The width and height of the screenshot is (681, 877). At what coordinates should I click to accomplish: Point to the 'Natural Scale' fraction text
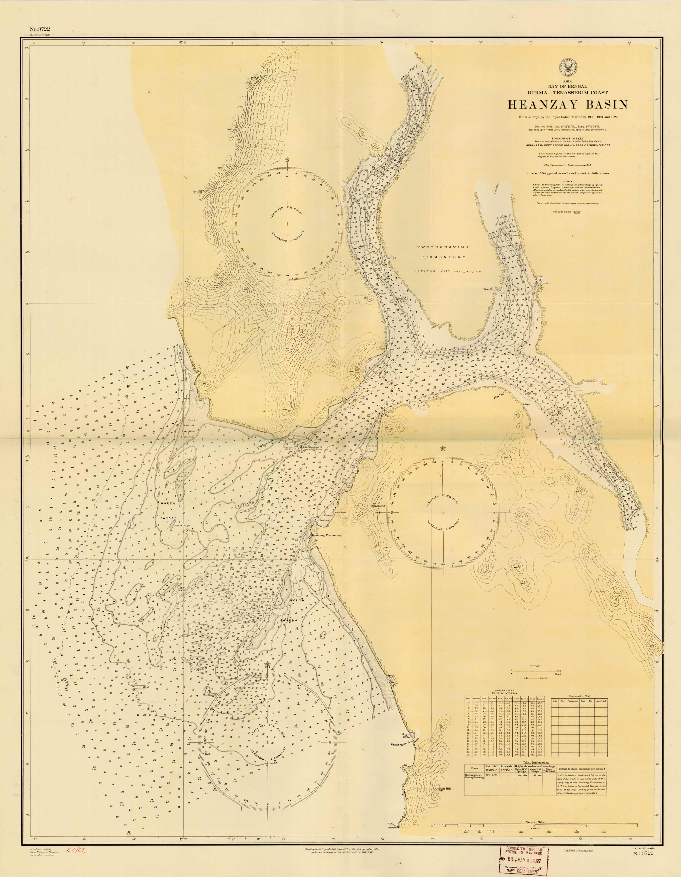click(566, 212)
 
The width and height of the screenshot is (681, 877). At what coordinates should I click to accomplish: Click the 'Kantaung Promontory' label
click(327, 535)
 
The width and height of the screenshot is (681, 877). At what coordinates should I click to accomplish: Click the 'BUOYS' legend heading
click(535, 666)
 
